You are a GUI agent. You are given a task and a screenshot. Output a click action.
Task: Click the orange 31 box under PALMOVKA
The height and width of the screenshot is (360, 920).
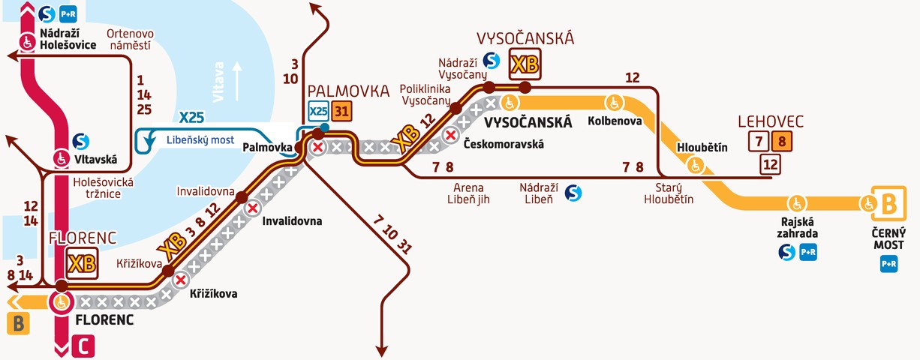coord(341,111)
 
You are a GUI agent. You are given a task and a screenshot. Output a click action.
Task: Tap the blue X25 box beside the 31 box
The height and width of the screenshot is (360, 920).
coord(318,111)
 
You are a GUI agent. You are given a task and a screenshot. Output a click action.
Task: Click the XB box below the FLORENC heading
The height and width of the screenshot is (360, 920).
coord(82,263)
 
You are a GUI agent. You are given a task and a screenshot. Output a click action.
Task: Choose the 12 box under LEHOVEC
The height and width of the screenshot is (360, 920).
coord(769,163)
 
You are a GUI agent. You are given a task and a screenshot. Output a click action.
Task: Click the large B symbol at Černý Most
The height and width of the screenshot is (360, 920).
coord(888,202)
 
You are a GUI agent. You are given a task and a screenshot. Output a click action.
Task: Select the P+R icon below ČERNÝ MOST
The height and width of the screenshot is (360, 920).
coord(888,263)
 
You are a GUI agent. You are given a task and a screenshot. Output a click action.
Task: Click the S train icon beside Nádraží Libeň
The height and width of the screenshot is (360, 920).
coord(573,193)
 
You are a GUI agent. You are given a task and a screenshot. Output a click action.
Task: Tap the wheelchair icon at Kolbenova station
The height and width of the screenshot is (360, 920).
coord(615,102)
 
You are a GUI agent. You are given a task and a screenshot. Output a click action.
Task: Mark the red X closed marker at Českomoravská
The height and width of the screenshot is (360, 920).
coord(451,136)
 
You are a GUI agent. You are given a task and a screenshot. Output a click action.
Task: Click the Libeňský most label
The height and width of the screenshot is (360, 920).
coord(200,140)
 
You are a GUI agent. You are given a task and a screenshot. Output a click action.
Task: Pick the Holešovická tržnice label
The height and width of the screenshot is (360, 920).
coord(103,188)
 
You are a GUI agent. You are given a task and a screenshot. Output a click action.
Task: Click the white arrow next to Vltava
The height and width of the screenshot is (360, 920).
coord(239,81)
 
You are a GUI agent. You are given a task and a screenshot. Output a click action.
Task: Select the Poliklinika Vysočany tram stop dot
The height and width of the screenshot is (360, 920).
coord(455,109)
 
